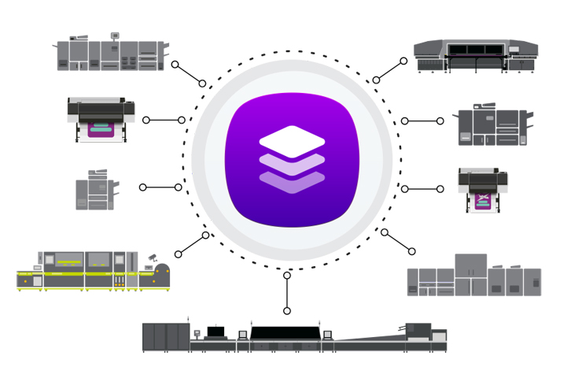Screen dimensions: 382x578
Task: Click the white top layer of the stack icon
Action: pyautogui.click(x=292, y=142)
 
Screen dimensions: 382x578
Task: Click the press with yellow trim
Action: pyautogui.click(x=93, y=272)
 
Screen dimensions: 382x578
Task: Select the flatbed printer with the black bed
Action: pyautogui.click(x=477, y=54)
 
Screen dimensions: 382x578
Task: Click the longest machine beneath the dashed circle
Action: pyautogui.click(x=294, y=335)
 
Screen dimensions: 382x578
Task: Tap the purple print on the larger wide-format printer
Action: pyautogui.click(x=100, y=129)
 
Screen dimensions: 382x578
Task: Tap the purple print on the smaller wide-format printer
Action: pyautogui.click(x=482, y=202)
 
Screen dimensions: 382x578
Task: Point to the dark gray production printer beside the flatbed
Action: pyautogui.click(x=492, y=127)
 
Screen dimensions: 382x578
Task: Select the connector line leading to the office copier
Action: pyautogui.click(x=160, y=187)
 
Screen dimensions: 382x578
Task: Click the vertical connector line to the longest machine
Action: pyautogui.click(x=287, y=293)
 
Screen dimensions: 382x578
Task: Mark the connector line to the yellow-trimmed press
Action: pyautogui.click(x=191, y=245)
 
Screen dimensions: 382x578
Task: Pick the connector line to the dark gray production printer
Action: pyautogui.click(x=422, y=121)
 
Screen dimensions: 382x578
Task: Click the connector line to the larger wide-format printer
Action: pyautogui.click(x=164, y=121)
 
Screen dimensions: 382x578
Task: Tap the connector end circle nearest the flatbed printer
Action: pyautogui.click(x=403, y=61)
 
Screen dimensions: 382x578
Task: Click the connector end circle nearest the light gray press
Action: pyautogui.click(x=411, y=251)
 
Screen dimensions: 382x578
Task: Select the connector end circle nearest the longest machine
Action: pyautogui.click(x=287, y=311)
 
